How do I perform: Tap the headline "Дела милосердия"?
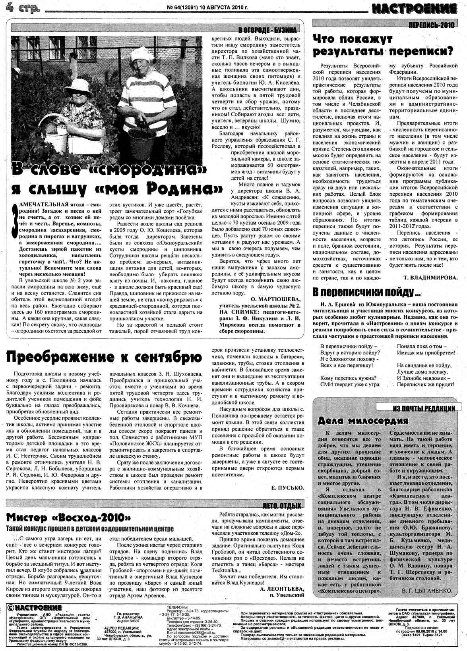click(x=363, y=421)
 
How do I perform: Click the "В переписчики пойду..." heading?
click(x=366, y=293)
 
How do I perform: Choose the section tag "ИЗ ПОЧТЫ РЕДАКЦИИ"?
click(x=424, y=408)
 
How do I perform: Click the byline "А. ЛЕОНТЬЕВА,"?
click(x=282, y=589)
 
